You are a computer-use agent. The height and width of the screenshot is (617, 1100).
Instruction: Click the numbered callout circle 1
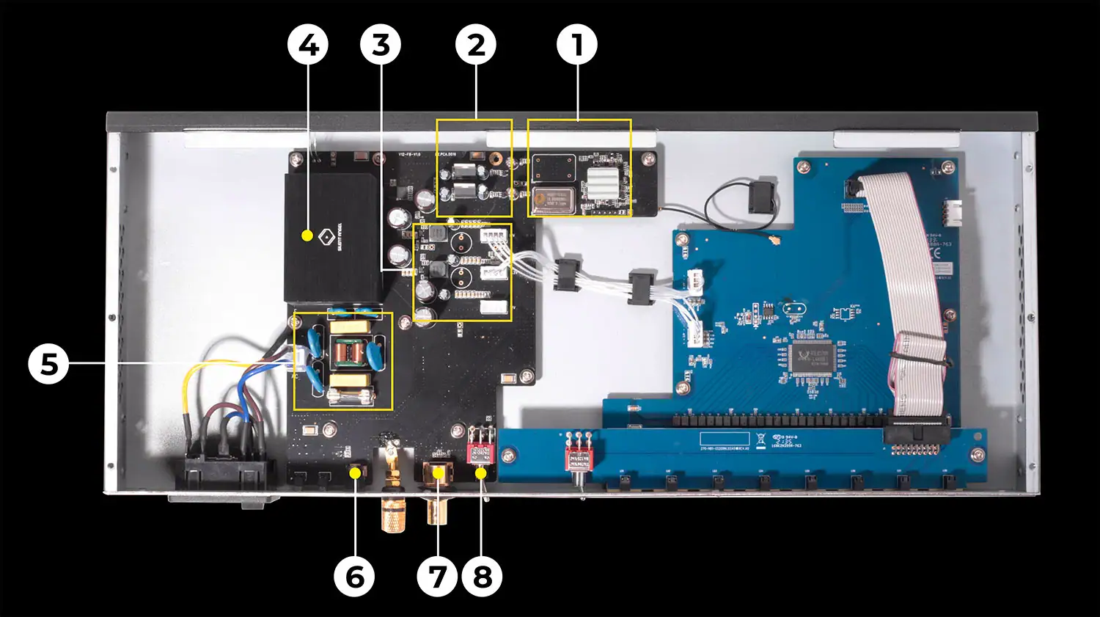(577, 45)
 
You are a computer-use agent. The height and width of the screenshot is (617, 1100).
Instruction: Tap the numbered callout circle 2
(476, 45)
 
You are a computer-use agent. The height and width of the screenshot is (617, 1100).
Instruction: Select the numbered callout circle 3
(381, 45)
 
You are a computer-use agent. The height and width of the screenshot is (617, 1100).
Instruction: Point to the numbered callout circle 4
(308, 45)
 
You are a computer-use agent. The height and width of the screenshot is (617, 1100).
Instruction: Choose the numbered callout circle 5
(48, 364)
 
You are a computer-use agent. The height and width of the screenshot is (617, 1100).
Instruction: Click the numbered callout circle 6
(354, 577)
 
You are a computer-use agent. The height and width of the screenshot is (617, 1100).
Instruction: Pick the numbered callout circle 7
(438, 577)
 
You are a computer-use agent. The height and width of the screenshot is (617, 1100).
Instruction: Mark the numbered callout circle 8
(483, 577)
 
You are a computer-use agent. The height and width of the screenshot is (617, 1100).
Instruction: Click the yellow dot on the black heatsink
(307, 236)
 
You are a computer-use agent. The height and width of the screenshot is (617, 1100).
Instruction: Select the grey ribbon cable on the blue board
(909, 293)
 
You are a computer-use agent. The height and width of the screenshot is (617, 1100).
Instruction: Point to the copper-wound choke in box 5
(348, 354)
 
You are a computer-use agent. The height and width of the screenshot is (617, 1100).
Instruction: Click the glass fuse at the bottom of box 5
(349, 396)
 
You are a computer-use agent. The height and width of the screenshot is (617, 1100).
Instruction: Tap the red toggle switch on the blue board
(578, 458)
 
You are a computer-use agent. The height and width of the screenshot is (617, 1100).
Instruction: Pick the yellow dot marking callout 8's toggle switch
(481, 473)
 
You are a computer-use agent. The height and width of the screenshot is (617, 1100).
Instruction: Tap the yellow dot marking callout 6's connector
(355, 473)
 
